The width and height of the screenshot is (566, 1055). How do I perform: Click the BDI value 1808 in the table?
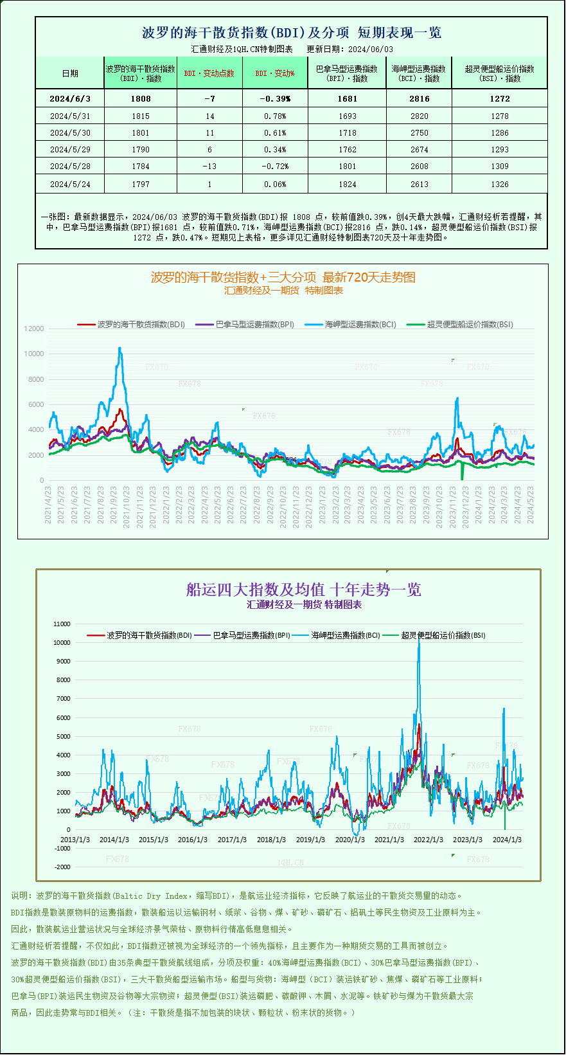[140, 99]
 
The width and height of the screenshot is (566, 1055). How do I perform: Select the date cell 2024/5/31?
[70, 116]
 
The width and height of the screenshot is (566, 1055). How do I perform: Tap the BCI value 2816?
[419, 99]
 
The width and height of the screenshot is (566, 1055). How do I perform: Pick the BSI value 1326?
[499, 185]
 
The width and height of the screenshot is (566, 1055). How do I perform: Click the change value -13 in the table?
[209, 167]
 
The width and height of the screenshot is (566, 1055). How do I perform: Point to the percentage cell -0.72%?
[275, 167]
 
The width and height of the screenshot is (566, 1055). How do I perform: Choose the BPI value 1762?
[347, 150]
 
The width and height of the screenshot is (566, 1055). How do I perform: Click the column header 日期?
[70, 73]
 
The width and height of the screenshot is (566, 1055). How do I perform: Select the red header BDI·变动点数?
[209, 73]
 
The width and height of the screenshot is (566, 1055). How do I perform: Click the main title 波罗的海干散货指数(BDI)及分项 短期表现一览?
[291, 33]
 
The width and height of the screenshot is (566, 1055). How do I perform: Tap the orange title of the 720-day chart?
[283, 277]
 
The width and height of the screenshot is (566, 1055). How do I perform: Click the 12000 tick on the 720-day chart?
[34, 329]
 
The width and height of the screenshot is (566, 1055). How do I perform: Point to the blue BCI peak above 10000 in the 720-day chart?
[119, 348]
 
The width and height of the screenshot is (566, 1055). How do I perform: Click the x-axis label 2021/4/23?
[48, 505]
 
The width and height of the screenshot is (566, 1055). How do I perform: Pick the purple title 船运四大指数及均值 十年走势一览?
[303, 590]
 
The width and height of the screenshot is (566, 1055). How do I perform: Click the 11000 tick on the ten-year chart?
[62, 624]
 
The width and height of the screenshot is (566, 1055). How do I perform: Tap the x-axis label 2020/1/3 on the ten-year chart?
[350, 840]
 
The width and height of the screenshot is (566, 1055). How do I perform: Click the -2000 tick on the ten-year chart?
[62, 867]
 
